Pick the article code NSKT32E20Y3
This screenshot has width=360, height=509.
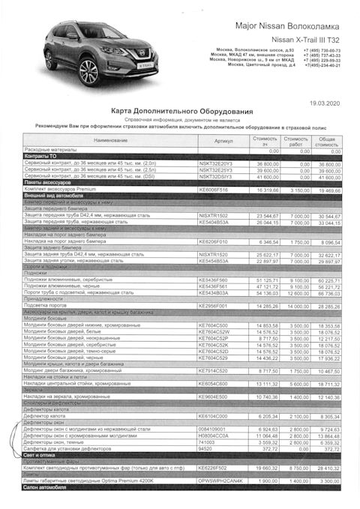click(x=215, y=163)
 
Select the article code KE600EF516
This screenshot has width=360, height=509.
click(x=213, y=189)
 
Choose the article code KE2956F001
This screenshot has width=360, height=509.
click(x=213, y=306)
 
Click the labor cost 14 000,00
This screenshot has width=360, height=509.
click(x=297, y=306)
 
